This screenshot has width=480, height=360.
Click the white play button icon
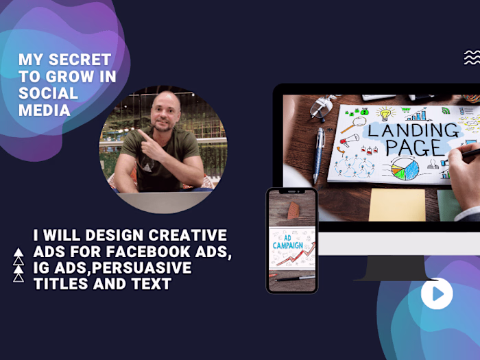[436, 294]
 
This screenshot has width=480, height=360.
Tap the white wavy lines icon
[471, 58]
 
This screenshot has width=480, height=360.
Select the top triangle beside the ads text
[19, 252]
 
